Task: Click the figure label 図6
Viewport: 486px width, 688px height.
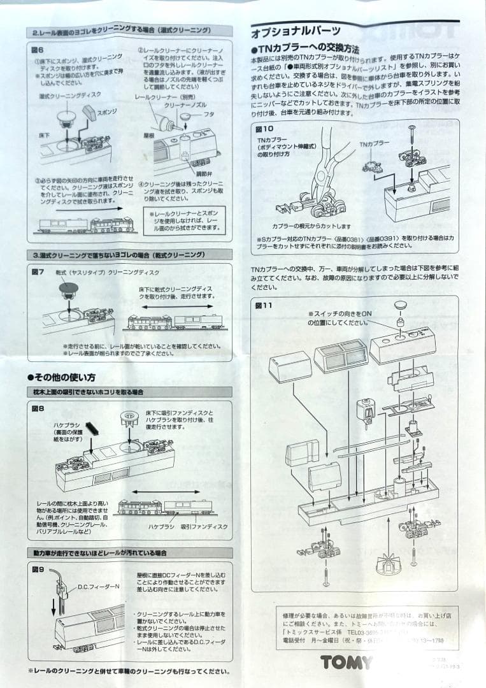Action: click(38, 50)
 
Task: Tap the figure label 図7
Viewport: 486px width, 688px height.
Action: click(38, 272)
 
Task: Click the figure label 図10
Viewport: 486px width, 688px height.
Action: click(264, 128)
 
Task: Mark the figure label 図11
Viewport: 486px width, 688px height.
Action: click(264, 305)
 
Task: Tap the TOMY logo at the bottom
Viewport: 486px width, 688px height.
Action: click(347, 663)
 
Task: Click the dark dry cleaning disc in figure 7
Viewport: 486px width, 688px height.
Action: click(66, 290)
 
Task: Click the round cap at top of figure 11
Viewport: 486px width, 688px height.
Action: click(400, 307)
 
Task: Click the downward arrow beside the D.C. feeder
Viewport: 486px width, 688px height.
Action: click(53, 603)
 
